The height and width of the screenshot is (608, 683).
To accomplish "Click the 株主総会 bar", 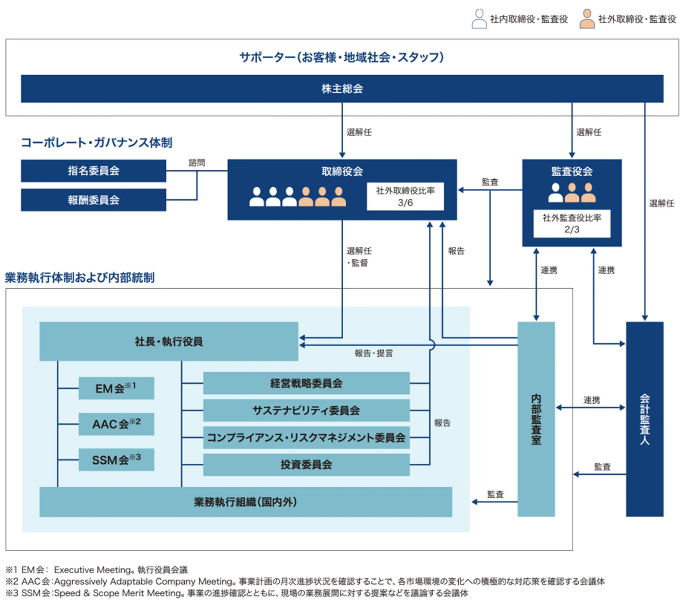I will click(x=342, y=89).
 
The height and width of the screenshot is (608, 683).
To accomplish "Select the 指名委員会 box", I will click(x=93, y=171).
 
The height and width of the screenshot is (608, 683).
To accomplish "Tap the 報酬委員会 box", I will click(x=93, y=200).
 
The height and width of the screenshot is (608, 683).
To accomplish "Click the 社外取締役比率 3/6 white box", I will click(x=405, y=196).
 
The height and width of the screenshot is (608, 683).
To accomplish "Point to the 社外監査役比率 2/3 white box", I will click(x=572, y=224).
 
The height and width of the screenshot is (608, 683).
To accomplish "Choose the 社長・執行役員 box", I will click(x=169, y=342).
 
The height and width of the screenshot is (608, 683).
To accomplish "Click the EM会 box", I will click(x=116, y=388).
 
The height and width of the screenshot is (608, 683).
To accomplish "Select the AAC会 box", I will click(x=116, y=424).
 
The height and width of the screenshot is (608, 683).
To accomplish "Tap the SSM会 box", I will click(x=116, y=460).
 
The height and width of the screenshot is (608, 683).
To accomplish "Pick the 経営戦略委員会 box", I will click(x=306, y=383).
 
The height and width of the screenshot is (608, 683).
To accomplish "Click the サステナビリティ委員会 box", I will click(x=306, y=410).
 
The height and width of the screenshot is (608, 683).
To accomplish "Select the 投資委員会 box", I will click(x=306, y=465).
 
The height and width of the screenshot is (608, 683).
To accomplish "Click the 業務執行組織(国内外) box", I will click(x=245, y=502).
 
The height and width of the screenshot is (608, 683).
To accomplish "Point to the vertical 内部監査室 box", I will click(x=536, y=419).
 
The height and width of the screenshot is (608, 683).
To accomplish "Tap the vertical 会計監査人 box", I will click(x=644, y=419).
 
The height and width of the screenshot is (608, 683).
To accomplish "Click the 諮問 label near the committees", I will click(x=197, y=163).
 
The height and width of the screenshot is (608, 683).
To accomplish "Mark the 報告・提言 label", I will click(x=374, y=354).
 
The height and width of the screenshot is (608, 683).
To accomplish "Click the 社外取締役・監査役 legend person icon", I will click(x=587, y=19).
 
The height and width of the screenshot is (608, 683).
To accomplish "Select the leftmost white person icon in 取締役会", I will click(x=256, y=197).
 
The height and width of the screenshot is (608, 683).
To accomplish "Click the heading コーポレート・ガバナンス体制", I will click(x=96, y=143).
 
